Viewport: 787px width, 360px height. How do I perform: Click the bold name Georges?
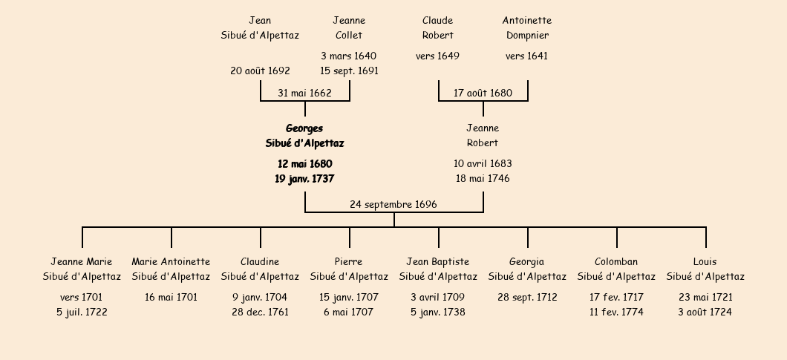click(x=304, y=128)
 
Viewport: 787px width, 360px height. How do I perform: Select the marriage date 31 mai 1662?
click(x=304, y=93)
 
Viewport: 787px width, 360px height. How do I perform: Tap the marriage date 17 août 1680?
click(x=483, y=93)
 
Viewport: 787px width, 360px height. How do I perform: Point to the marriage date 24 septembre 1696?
click(x=393, y=204)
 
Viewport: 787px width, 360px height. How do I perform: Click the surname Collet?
click(x=349, y=35)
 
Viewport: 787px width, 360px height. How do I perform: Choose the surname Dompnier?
click(x=527, y=35)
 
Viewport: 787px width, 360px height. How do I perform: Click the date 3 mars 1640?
click(x=349, y=56)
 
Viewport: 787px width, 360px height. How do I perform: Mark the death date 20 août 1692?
click(x=260, y=71)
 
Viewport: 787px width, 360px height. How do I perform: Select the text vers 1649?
click(x=437, y=56)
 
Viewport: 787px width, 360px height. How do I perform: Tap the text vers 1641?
click(x=526, y=56)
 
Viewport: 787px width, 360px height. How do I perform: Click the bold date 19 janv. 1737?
click(x=304, y=179)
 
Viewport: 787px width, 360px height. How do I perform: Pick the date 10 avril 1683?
click(x=483, y=164)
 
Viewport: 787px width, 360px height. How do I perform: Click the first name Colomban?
click(x=616, y=261)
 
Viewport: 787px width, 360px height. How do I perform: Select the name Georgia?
click(x=526, y=262)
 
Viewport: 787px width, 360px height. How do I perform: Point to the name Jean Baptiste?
click(x=437, y=262)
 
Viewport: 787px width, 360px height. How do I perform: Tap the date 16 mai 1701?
click(x=172, y=297)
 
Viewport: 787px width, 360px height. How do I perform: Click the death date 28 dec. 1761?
click(x=260, y=312)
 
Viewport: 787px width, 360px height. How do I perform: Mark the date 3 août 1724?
click(x=705, y=312)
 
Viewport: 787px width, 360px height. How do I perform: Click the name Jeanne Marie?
click(x=82, y=261)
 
